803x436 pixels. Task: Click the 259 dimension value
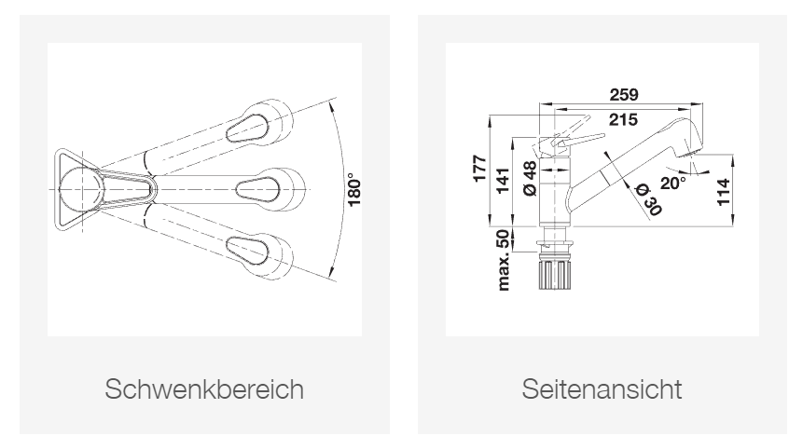click(x=617, y=94)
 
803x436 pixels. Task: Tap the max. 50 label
click(x=504, y=261)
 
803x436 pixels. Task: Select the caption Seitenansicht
click(x=602, y=388)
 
